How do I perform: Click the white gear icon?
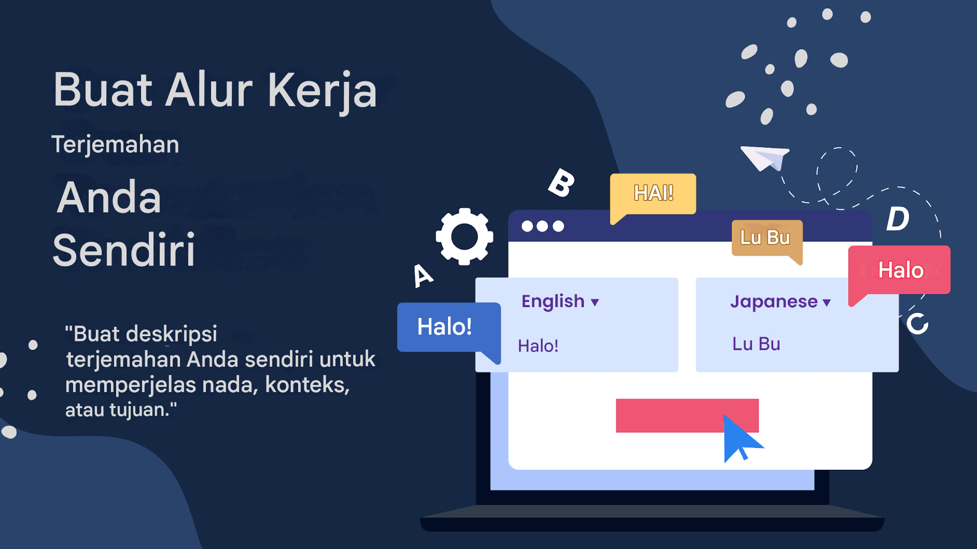(464, 237)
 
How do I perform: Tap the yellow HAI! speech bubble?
(653, 193)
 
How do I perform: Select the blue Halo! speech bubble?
(445, 327)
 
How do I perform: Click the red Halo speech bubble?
(900, 270)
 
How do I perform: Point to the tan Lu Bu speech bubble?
(765, 238)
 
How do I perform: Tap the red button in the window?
(669, 415)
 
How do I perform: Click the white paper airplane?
(764, 157)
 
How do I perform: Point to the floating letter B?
(561, 183)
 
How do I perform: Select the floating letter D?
(898, 219)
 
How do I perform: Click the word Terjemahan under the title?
(115, 144)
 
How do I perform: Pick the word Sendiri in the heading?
(124, 250)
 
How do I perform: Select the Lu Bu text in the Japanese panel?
(756, 344)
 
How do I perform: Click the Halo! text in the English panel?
(538, 346)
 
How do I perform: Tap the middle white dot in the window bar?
(542, 226)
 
